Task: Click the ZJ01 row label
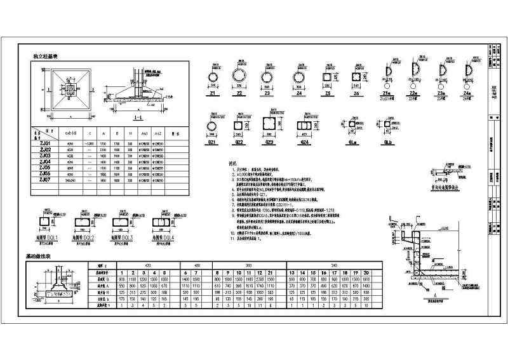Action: (x=39, y=143)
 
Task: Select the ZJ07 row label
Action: (x=39, y=180)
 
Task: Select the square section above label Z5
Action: (x=328, y=77)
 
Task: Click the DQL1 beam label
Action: (x=48, y=237)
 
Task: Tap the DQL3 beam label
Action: (x=127, y=237)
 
